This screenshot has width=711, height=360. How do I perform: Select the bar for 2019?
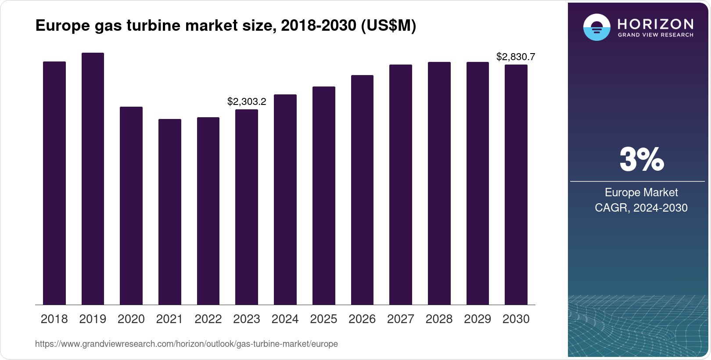93,179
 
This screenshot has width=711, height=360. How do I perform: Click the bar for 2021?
170,212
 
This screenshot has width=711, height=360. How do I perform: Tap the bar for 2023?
247,207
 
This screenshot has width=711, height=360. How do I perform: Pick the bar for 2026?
362,190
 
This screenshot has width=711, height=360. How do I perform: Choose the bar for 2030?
516,184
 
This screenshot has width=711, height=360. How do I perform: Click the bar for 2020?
131,205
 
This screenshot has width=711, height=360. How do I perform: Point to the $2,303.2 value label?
247,102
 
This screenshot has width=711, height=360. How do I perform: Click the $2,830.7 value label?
516,57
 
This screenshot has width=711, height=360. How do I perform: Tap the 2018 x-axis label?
54,319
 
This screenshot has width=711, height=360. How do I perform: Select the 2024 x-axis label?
285,319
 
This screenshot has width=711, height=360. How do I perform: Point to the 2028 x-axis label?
439,319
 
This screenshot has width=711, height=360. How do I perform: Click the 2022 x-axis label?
208,319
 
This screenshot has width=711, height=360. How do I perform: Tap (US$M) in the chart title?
388,25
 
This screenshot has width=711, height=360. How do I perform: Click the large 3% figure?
641,159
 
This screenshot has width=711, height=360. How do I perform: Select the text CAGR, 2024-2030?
641,208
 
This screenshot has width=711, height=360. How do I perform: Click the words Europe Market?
641,192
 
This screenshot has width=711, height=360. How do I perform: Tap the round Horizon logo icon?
596,27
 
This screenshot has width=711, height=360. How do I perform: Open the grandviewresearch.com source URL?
187,344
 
